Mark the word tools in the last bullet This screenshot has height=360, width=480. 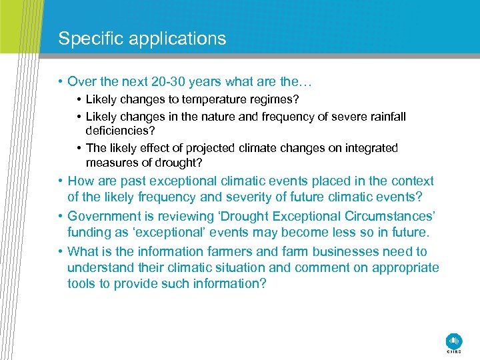point(82,284)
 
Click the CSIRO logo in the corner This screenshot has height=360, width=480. point(453,340)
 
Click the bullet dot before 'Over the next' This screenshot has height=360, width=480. point(60,83)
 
